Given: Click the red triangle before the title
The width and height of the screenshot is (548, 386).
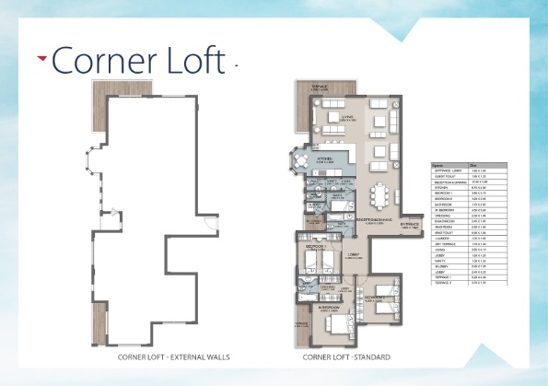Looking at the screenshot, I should coord(42,59).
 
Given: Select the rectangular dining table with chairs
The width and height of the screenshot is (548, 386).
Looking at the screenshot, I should coord(379,196).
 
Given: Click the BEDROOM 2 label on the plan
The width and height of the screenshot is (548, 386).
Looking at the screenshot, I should coord(373,298).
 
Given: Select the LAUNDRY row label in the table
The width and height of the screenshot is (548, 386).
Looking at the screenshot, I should coord(442,239).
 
